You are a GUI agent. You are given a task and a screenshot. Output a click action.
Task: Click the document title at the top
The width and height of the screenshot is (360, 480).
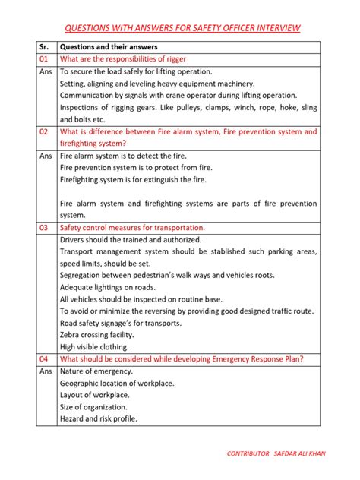pyautogui.click(x=182, y=28)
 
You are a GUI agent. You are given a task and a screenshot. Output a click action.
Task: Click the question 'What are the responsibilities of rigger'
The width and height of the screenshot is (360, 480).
pyautogui.click(x=123, y=59)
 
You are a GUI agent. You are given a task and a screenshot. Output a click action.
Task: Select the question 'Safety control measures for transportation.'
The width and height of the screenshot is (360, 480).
pyautogui.click(x=132, y=227)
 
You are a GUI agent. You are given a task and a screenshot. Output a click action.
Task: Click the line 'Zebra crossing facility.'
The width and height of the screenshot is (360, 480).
pyautogui.click(x=96, y=334)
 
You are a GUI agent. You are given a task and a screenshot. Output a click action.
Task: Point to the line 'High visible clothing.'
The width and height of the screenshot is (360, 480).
pyautogui.click(x=94, y=346)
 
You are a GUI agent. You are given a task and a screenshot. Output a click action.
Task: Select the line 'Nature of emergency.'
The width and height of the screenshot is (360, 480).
pyautogui.click(x=96, y=371)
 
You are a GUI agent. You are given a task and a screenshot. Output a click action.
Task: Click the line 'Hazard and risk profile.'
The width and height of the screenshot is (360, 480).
pyautogui.click(x=99, y=418)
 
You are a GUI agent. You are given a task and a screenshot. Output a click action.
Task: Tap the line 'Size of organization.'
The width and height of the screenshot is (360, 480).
pyautogui.click(x=93, y=406)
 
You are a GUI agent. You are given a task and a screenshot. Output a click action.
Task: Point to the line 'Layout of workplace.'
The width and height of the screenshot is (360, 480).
pyautogui.click(x=94, y=395)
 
